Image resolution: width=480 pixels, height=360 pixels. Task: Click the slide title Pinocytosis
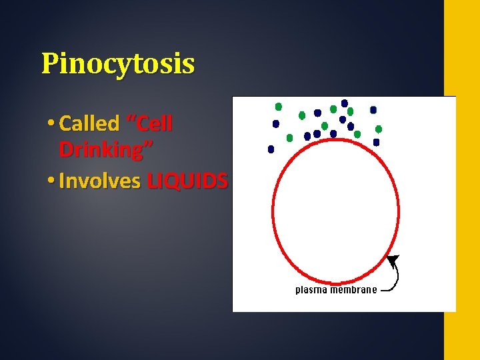tap(118, 64)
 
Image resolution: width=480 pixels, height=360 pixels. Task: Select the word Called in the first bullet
tap(89, 123)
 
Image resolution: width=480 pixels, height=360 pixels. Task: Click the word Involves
tap(99, 181)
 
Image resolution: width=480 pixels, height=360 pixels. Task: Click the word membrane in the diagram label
tap(354, 290)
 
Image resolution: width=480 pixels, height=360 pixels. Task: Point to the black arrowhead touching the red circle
tap(393, 259)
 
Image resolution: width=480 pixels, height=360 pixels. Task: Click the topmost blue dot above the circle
tap(345, 103)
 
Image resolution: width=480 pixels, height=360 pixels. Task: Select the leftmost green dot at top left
tap(279, 107)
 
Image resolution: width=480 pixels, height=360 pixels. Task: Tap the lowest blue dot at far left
tap(271, 149)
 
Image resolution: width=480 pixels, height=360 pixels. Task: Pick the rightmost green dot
tap(379, 129)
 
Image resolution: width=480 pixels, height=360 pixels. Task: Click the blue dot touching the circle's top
tap(333, 134)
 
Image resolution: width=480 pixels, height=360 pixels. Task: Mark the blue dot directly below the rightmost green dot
tap(377, 142)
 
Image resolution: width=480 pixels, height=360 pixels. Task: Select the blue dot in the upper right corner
tap(373, 109)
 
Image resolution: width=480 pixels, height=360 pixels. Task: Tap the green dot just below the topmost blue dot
tap(350, 111)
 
